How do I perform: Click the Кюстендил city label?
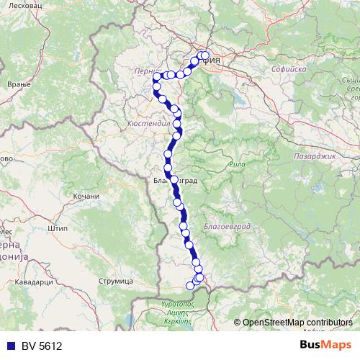pyautogui.click(x=149, y=123)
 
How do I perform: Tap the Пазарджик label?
pyautogui.click(x=313, y=135)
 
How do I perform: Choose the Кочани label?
pyautogui.click(x=86, y=196)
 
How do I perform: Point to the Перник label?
pyautogui.click(x=147, y=72)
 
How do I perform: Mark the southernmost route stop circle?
pyautogui.click(x=191, y=285)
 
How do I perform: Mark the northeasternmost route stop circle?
pyautogui.click(x=205, y=55)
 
